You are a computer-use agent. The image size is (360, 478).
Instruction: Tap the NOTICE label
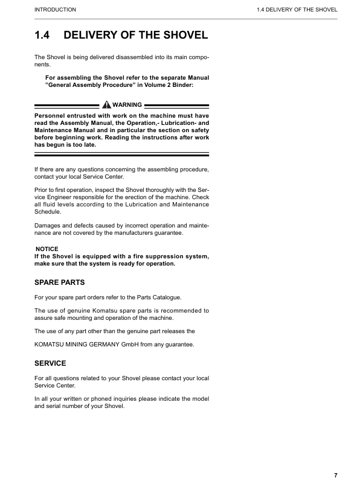[x=47, y=249]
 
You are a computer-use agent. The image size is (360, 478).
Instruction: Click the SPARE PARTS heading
[x=60, y=282]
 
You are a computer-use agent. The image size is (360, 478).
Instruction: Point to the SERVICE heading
[x=50, y=363]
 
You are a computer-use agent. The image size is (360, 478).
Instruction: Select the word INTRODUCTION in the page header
[x=56, y=10]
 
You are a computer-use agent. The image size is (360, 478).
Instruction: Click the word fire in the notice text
[x=124, y=257]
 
